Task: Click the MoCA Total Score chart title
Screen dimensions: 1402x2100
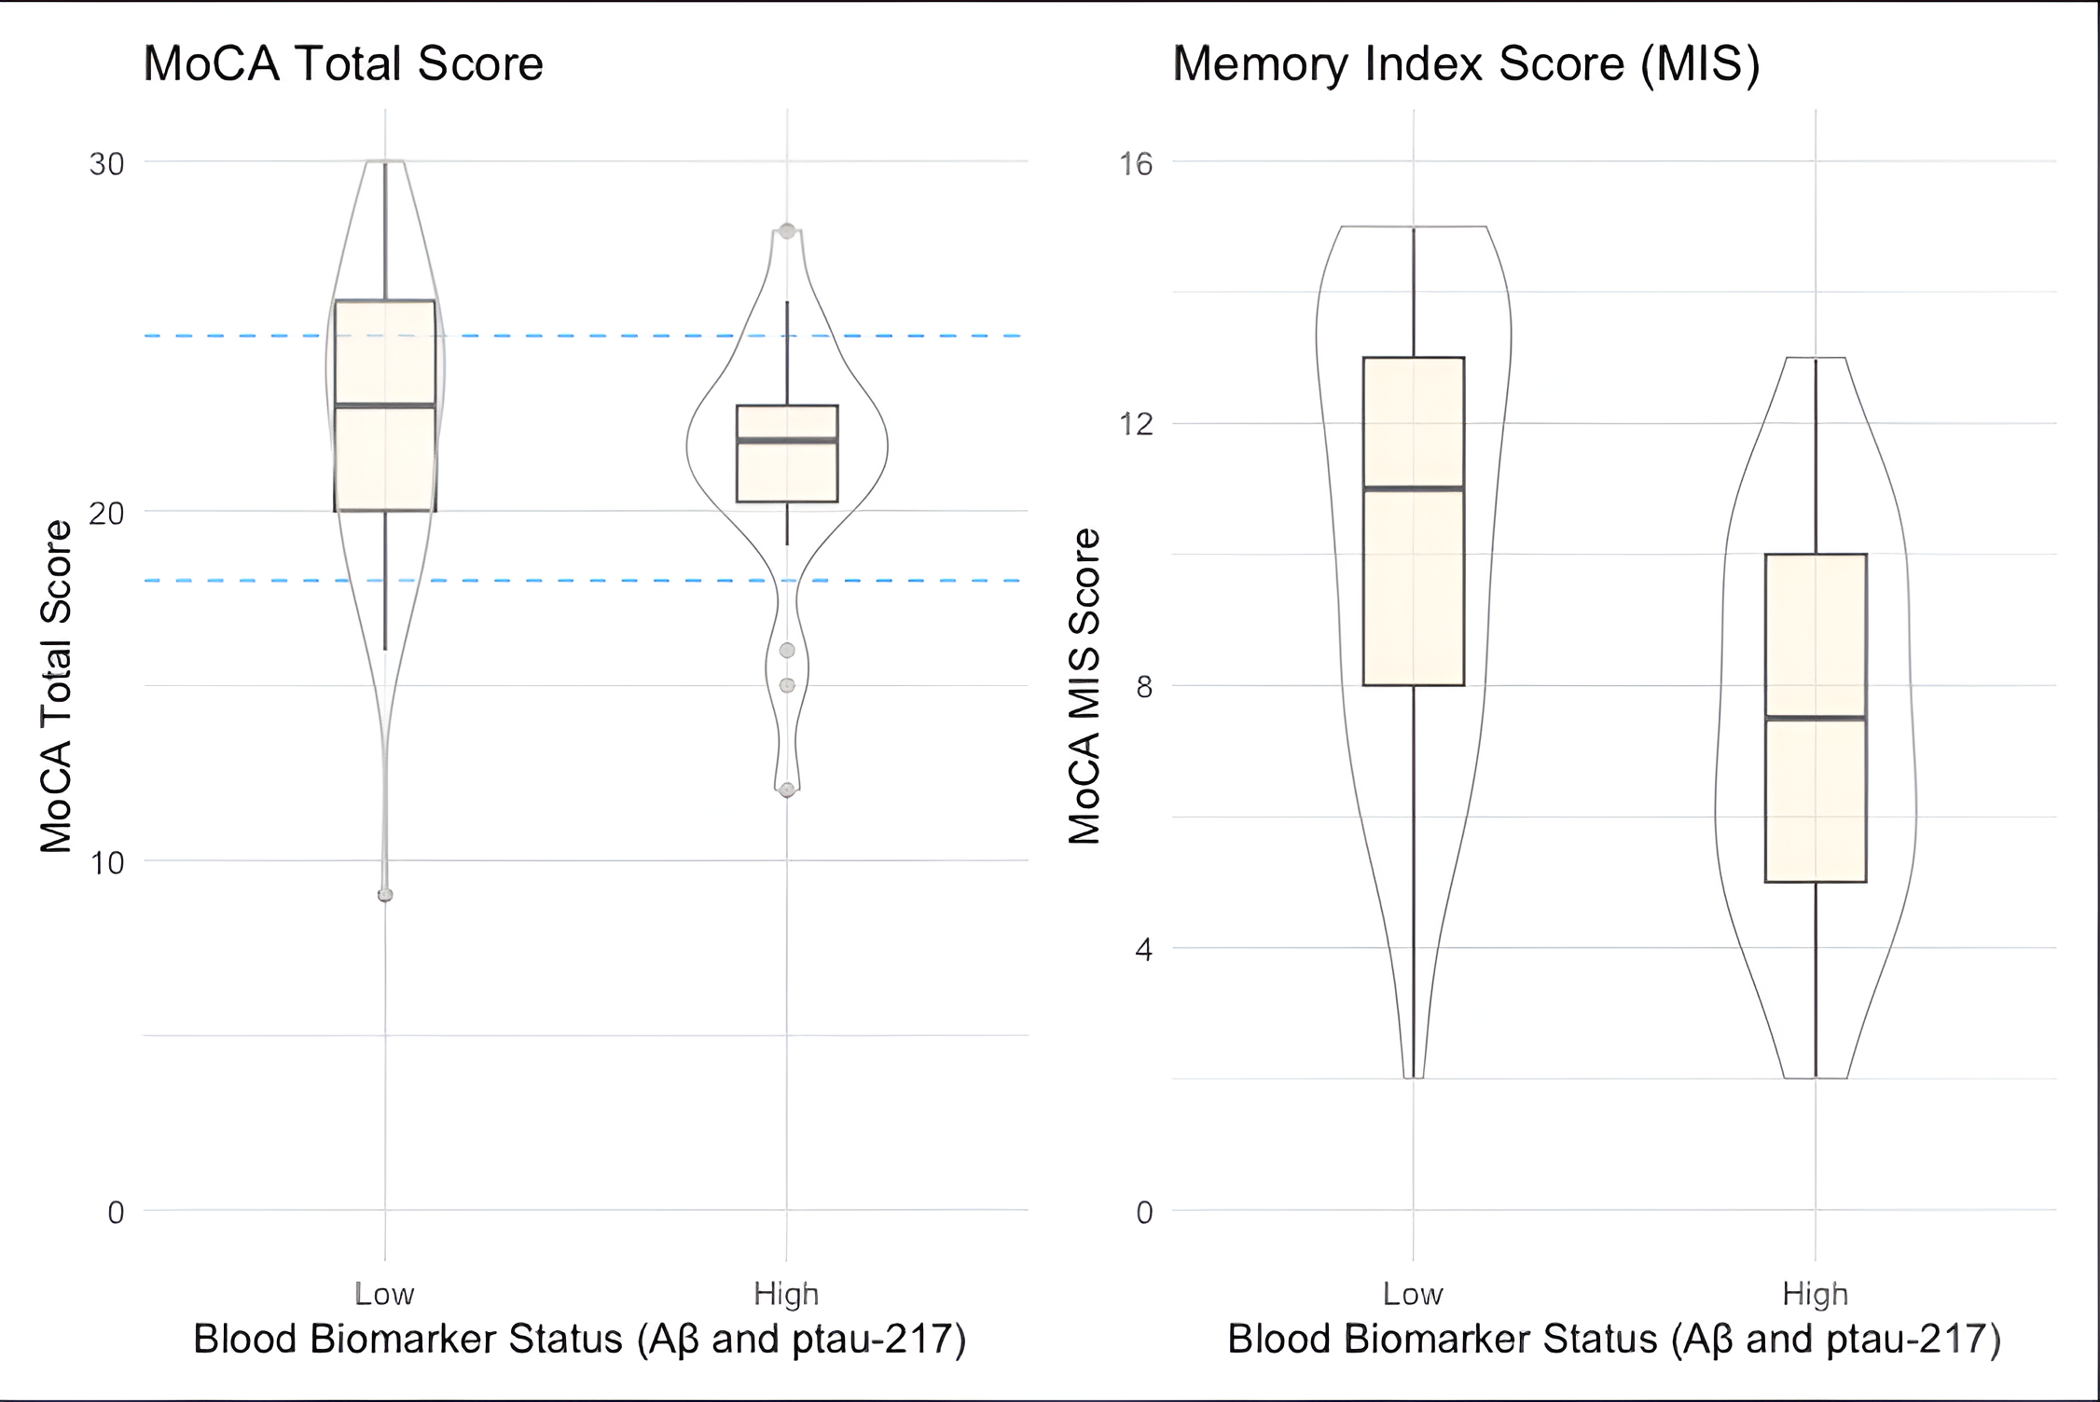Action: (343, 63)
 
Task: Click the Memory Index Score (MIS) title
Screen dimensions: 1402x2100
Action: (1466, 63)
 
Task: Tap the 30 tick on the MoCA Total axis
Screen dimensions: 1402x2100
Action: (106, 164)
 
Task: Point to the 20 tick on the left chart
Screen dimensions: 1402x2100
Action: (106, 513)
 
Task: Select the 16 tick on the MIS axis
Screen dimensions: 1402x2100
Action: (1136, 164)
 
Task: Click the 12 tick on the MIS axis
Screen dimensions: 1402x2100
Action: (1136, 425)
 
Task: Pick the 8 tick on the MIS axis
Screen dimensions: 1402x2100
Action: (1143, 687)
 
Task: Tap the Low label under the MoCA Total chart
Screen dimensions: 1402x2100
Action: (384, 1294)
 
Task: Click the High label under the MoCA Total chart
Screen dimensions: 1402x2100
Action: (786, 1294)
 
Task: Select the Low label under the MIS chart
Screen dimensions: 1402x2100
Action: (1413, 1294)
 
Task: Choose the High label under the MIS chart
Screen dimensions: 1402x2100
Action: (1815, 1294)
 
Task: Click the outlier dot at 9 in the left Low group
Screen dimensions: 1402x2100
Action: (385, 895)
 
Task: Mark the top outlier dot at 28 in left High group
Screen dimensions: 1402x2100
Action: (787, 230)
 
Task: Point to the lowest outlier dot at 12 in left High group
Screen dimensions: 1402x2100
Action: (787, 790)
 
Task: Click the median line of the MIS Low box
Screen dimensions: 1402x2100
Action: (1414, 488)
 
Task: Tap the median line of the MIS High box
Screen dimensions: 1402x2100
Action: (1816, 718)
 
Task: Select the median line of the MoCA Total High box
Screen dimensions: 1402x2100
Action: (787, 440)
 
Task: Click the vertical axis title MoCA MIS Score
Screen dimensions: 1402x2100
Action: (1084, 686)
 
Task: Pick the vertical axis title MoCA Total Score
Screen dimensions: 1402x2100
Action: (56, 686)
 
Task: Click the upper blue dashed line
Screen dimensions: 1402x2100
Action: (597, 336)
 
